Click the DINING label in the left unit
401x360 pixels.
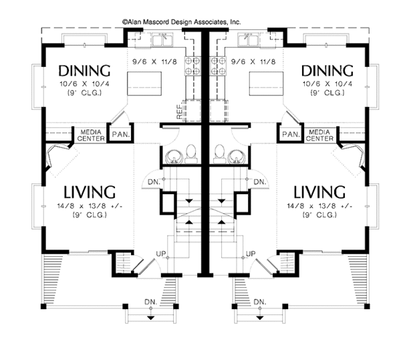point(84,71)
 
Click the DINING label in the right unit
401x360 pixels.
point(327,71)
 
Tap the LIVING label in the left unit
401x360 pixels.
point(90,192)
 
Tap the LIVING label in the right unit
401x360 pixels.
point(319,192)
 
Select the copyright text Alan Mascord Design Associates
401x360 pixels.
point(182,22)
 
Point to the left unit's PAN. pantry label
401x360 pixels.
point(121,134)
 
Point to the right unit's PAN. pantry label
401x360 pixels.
point(291,134)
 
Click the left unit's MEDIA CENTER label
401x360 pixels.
point(91,135)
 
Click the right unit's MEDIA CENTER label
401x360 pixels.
point(319,135)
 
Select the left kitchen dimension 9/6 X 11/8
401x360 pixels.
point(154,62)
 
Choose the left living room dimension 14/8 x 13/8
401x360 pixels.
point(90,206)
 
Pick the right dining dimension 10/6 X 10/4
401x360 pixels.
point(327,84)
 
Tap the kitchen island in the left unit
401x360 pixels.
point(144,84)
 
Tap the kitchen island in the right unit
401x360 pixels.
point(266,84)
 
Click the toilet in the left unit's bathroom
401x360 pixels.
point(191,154)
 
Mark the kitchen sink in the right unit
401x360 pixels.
point(248,40)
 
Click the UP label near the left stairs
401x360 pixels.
point(161,254)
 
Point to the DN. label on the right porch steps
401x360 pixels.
point(260,302)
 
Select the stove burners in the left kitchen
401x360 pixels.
point(192,66)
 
